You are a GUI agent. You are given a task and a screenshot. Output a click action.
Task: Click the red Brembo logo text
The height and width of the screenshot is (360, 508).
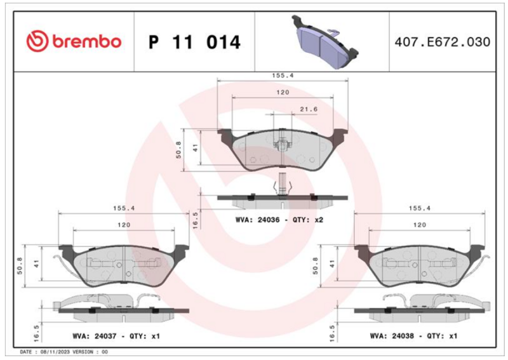click(86, 42)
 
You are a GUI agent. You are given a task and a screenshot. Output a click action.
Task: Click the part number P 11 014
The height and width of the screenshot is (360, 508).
click(194, 42)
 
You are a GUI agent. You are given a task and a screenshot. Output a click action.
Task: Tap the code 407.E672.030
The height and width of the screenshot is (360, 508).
click(443, 42)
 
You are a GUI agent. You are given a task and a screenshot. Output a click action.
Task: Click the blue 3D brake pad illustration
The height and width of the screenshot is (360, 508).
click(324, 42)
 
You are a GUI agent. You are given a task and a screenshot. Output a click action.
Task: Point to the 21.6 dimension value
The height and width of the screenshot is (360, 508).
click(309, 109)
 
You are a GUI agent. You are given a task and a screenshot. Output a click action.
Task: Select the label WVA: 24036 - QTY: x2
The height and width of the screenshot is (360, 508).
click(279, 220)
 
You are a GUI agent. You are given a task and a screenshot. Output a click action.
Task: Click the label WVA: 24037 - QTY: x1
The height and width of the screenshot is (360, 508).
click(116, 336)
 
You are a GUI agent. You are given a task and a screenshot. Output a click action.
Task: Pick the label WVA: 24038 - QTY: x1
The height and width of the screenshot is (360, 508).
click(413, 336)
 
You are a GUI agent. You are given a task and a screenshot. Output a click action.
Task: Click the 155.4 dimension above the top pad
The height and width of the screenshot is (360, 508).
click(283, 76)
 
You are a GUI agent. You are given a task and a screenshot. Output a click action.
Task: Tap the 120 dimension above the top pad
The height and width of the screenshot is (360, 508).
click(283, 92)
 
